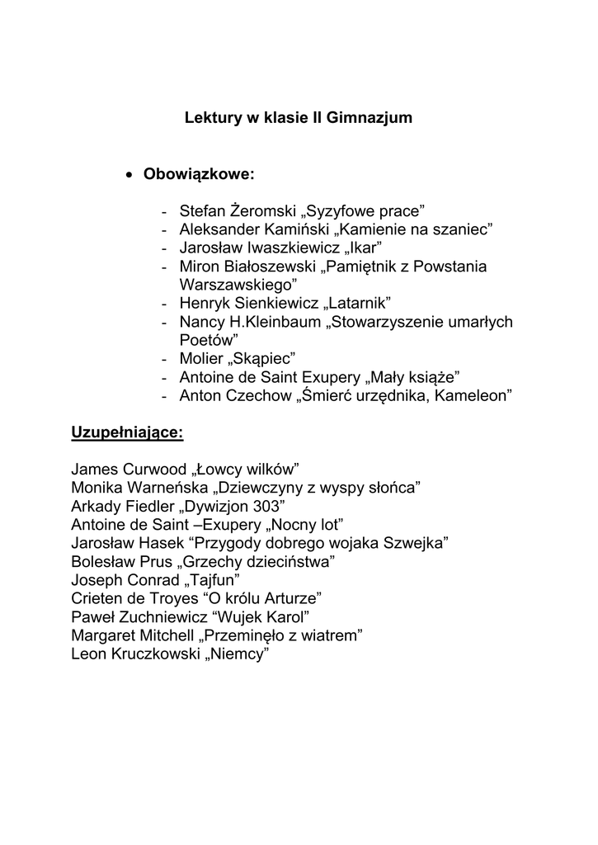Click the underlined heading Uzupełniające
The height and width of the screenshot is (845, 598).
coord(127,432)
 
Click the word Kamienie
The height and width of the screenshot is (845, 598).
coord(370,228)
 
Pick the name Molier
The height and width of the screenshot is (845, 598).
coord(200,359)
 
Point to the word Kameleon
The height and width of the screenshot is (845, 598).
coord(474,397)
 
